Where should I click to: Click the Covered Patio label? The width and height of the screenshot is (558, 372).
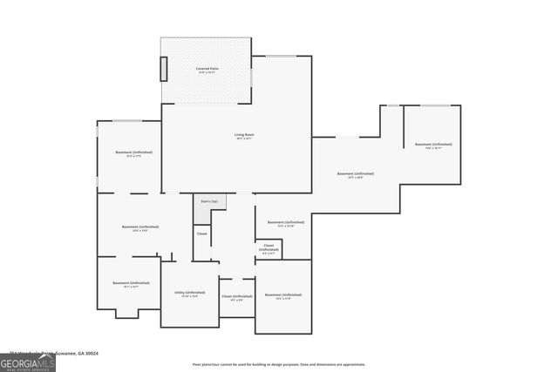click(x=208, y=67)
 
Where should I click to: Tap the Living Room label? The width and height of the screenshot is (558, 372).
click(x=243, y=134)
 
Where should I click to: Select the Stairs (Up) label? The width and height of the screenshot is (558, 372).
click(x=209, y=201)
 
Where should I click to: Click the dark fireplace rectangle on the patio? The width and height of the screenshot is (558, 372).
click(x=162, y=69)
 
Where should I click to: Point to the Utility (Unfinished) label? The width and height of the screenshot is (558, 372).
click(x=189, y=293)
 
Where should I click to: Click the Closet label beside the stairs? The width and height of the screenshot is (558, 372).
click(x=201, y=233)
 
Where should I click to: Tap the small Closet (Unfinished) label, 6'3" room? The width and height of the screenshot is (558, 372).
click(x=269, y=247)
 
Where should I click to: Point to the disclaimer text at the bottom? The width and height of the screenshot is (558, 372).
click(x=278, y=364)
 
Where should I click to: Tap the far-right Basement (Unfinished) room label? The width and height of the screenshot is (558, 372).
click(x=433, y=144)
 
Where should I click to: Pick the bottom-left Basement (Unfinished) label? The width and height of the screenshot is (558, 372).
click(x=131, y=283)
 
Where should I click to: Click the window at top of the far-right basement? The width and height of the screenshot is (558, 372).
click(x=432, y=106)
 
